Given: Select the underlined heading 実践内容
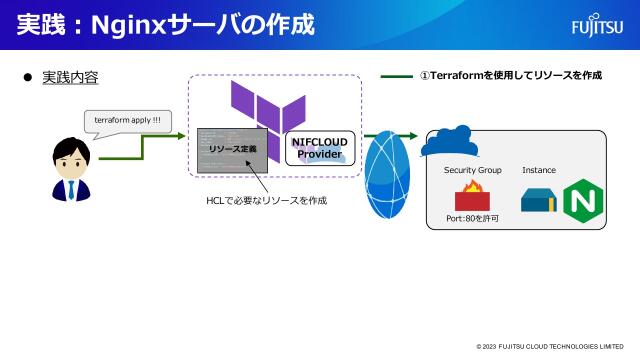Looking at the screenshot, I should (x=69, y=77).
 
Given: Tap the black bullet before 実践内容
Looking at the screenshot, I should (x=28, y=77).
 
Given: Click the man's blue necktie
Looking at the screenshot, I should (x=71, y=187).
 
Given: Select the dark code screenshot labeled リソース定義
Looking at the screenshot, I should (x=233, y=149).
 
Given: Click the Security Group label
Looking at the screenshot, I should (x=472, y=170).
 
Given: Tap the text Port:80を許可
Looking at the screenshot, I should (x=472, y=218).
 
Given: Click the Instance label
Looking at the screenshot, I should (x=538, y=170).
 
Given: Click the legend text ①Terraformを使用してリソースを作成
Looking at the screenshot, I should (x=510, y=75).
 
